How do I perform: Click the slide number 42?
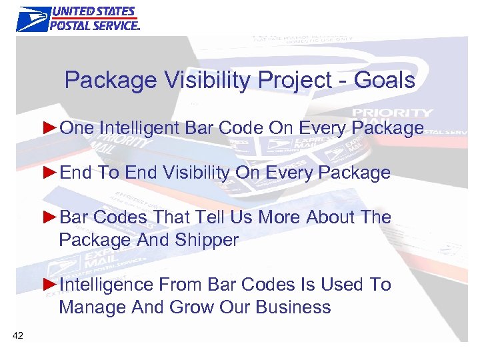point(17,335)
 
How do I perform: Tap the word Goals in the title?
point(385,81)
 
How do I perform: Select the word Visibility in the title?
point(201,81)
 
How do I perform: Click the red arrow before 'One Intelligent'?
point(50,127)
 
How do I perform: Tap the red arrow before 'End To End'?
point(50,173)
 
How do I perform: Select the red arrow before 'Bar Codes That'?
point(50,217)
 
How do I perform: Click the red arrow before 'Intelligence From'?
point(50,285)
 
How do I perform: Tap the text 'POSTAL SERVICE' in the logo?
point(94,25)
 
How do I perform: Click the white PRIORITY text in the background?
point(393,113)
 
